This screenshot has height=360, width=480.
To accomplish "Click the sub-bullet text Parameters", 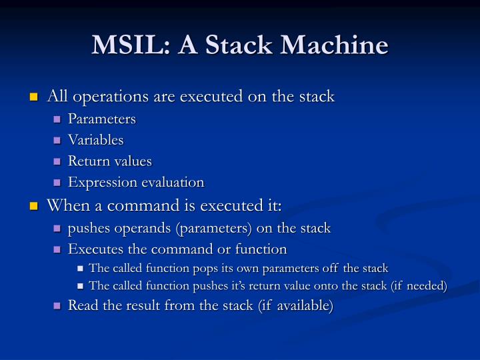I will coord(101,119).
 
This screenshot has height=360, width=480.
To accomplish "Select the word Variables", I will coord(95,140).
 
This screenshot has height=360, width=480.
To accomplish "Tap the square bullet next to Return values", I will coord(57,162).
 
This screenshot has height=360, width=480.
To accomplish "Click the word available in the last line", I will coord(299,305).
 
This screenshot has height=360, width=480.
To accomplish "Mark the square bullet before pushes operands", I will coord(57,229).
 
